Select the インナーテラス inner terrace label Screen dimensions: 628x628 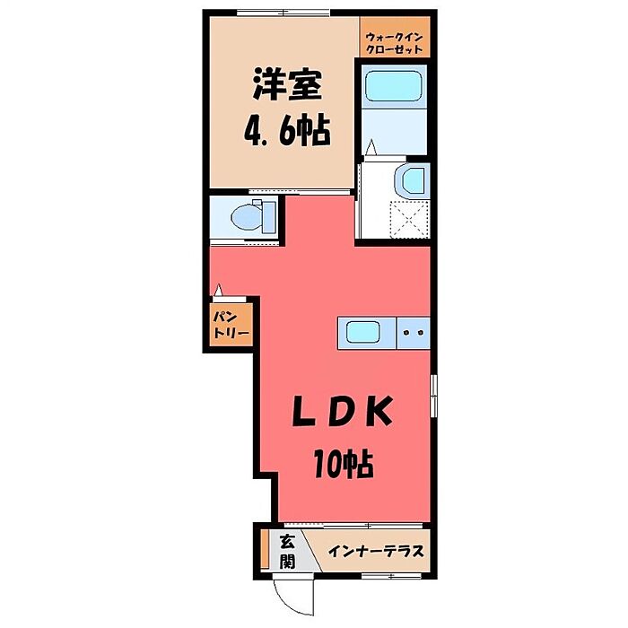pyautogui.click(x=375, y=550)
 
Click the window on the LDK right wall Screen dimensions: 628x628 pyautogui.click(x=433, y=395)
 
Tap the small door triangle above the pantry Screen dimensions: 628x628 pyautogui.click(x=218, y=290)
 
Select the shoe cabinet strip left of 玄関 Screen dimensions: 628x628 pyautogui.click(x=265, y=550)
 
